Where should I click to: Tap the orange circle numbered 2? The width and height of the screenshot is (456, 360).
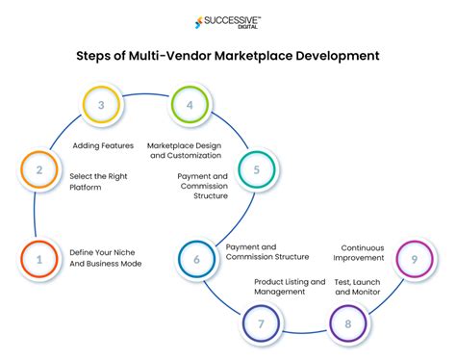(36, 171)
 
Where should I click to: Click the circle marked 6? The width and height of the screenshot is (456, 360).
(197, 258)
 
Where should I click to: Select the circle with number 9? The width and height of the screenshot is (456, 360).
(413, 259)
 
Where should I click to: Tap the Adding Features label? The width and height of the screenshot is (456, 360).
(104, 145)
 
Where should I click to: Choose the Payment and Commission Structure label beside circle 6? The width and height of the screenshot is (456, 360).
(266, 251)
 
